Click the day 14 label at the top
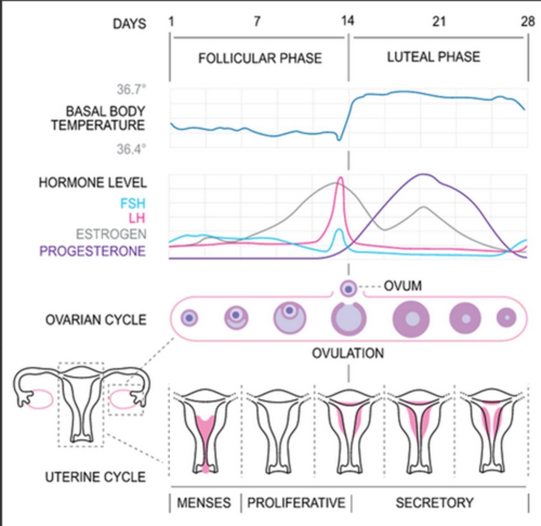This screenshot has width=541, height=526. point(347,21)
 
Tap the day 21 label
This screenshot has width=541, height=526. point(438,21)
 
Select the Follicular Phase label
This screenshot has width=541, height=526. point(260,58)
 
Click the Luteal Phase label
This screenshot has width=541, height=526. point(433,57)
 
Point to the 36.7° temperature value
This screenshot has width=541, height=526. point(131,89)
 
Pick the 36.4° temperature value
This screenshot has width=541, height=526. point(131,149)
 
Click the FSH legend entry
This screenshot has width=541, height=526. point(132,203)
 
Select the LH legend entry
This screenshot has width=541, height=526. point(136,218)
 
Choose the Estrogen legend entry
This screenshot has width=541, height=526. point(111,234)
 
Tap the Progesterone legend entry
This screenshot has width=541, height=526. point(93,251)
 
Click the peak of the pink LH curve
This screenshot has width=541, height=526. point(340,178)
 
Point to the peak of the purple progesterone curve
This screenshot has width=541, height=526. point(423,174)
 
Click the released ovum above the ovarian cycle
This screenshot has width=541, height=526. point(349,289)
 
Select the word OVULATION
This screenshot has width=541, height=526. point(348,353)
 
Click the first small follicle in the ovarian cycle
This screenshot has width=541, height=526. point(189,318)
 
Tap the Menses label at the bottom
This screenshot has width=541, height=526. point(204,502)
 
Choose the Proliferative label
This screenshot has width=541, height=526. point(296,502)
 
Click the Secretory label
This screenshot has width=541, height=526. point(434,502)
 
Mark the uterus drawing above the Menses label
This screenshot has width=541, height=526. point(205,432)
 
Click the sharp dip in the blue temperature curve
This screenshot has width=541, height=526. point(339,139)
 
